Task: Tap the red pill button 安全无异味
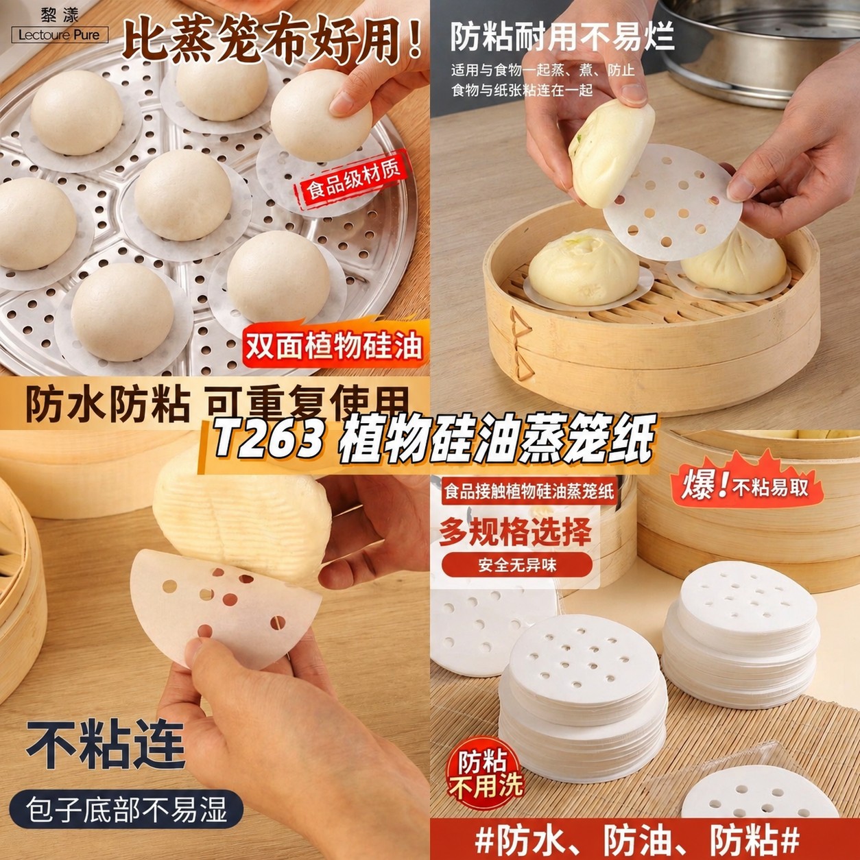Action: point(517,565)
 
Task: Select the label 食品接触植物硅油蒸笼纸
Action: point(529,491)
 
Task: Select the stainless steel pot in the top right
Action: point(759,49)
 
